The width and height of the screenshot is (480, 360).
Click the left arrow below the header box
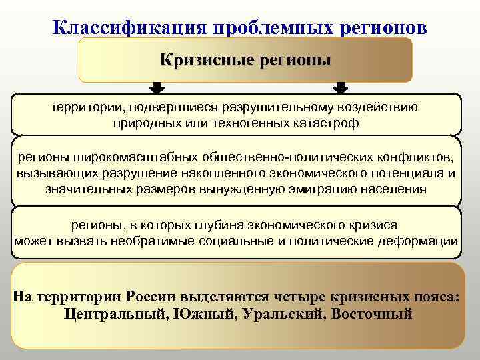coord(157,88)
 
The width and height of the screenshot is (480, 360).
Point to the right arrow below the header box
coord(341,88)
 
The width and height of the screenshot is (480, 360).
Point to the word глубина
coord(246,225)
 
